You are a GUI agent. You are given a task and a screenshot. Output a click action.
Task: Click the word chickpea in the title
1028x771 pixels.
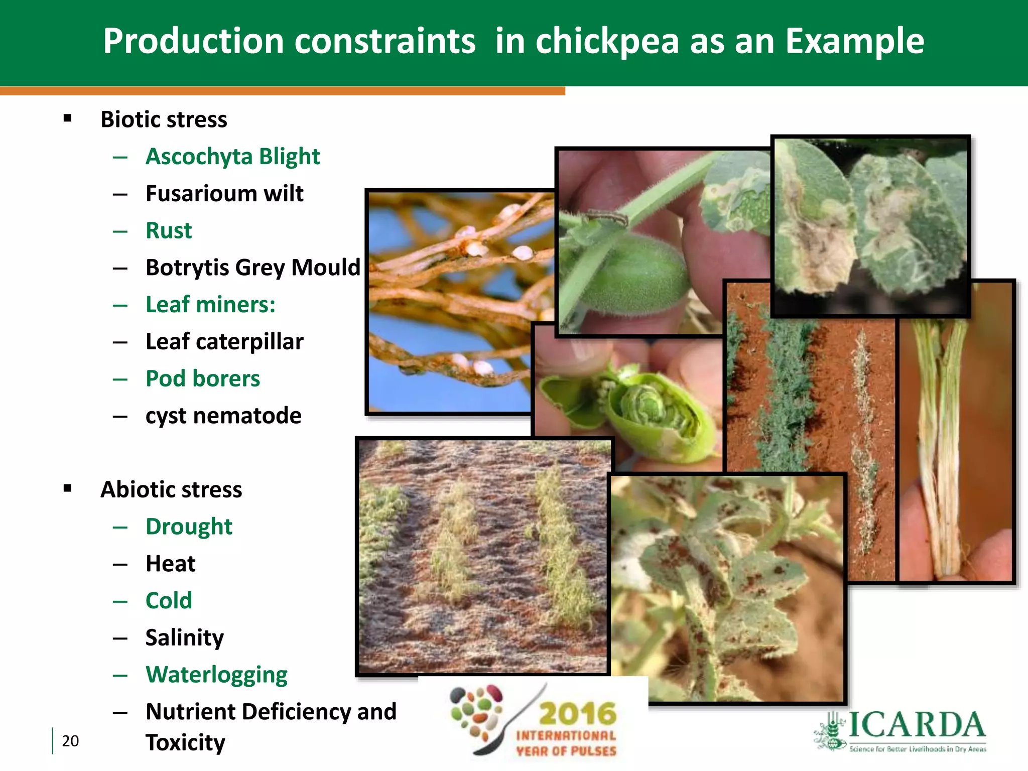607,41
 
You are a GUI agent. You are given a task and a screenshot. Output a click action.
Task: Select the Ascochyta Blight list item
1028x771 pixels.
232,157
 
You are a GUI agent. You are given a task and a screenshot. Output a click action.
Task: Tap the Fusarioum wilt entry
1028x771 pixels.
224,194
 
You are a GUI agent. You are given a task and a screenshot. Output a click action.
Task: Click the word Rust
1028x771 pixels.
169,231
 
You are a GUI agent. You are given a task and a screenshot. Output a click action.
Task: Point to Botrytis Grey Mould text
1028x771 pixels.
252,268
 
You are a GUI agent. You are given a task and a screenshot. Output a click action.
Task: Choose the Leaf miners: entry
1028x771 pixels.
210,305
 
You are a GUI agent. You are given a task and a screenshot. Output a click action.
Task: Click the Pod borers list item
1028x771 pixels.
203,379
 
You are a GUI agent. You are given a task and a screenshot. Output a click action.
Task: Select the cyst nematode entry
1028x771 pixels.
223,416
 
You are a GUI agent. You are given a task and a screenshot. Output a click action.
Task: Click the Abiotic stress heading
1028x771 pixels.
171,489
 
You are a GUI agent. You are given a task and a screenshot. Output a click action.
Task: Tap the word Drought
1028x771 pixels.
189,527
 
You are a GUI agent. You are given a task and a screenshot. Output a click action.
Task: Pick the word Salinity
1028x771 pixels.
184,638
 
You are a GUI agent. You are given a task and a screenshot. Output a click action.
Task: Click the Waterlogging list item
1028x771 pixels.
216,675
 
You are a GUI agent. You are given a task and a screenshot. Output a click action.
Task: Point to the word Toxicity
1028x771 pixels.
185,742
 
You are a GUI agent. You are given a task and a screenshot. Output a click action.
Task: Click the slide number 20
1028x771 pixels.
70,741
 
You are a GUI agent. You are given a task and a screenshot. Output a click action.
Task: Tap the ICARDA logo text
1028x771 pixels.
916,725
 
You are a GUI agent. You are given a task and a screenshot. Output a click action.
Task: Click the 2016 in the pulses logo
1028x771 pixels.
577,714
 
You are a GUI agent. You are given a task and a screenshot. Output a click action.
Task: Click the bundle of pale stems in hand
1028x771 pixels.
939,452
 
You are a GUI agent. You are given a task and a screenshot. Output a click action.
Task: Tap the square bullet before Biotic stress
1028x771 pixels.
68,119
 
